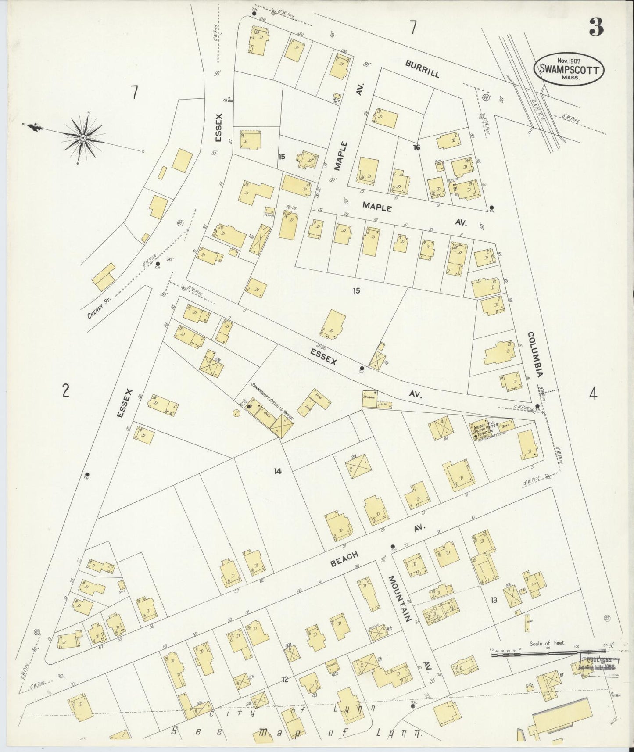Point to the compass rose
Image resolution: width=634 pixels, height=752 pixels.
[82, 138]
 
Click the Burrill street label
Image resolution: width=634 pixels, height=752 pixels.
[422, 69]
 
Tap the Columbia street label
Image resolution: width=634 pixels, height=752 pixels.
[536, 354]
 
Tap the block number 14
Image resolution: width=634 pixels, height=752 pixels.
[277, 471]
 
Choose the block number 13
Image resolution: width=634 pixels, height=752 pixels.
[494, 600]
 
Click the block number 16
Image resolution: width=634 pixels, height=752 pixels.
[416, 147]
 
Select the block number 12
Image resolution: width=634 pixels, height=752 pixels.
[285, 680]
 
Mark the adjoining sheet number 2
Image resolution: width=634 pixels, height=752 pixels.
[66, 390]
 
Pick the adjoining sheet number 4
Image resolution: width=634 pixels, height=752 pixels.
[593, 395]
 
